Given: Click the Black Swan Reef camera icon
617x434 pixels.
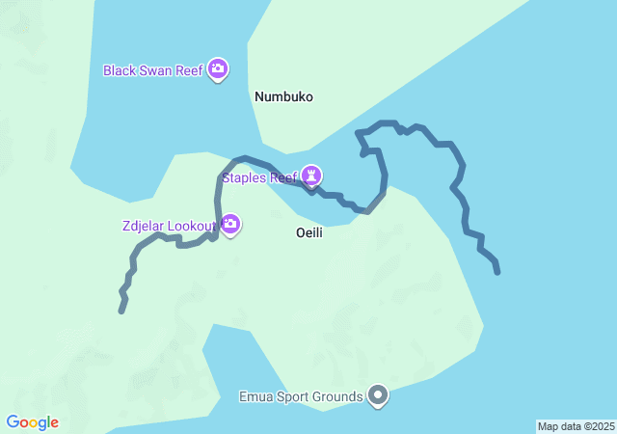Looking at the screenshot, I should tap(218, 68).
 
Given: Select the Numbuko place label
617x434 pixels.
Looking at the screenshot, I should tap(284, 96).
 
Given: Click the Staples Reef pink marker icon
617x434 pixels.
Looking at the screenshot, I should tap(310, 176).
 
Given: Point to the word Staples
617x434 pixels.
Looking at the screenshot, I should tap(245, 176).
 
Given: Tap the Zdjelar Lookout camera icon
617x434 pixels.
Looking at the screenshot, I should tap(230, 225).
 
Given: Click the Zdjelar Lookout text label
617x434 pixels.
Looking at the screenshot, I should tap(169, 226).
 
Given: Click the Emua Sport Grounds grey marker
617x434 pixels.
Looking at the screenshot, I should tap(378, 395).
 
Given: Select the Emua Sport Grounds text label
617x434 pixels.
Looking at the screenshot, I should tap(301, 396).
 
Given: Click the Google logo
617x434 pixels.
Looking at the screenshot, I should tap(32, 422).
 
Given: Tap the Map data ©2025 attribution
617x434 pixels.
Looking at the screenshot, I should tap(576, 426).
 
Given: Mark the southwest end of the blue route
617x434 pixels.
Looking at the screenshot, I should tap(121, 312).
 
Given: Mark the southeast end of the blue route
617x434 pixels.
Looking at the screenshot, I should tap(498, 273).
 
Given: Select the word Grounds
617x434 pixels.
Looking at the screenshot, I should tap(337, 396).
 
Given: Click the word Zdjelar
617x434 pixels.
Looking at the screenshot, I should tap(144, 226).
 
